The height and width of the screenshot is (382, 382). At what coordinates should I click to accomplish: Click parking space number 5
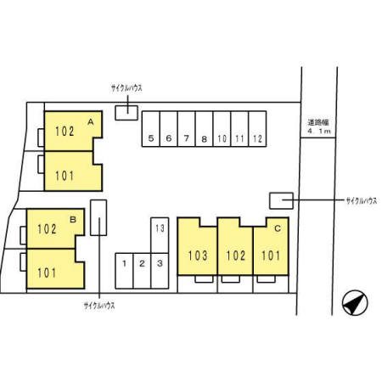tap(151, 129)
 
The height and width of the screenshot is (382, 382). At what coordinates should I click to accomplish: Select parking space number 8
tap(204, 129)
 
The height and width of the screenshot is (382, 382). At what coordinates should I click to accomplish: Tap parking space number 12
tap(257, 129)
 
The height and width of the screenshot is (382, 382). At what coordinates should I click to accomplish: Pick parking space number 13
tap(160, 235)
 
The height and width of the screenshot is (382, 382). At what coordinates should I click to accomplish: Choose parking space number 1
tap(124, 271)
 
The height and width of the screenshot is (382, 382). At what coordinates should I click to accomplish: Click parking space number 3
tap(160, 271)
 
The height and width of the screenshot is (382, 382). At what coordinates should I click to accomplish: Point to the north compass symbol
tap(355, 302)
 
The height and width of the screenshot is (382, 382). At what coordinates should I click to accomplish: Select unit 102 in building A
tap(73, 131)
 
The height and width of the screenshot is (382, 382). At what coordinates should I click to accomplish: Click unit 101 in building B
tap(55, 269)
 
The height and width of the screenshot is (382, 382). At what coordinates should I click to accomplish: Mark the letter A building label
tap(91, 122)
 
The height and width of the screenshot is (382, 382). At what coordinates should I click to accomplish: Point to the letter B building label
tap(73, 219)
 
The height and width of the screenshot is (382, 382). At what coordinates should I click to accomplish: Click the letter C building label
tap(278, 228)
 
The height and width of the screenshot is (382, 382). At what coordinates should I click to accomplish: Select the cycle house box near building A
tap(126, 113)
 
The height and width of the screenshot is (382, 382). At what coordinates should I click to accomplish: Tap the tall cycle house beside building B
tap(98, 217)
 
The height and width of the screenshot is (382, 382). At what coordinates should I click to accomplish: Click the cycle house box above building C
tap(281, 201)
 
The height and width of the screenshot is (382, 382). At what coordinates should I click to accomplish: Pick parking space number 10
tap(222, 129)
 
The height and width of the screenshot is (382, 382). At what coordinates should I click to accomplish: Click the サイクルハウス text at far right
tap(362, 201)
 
